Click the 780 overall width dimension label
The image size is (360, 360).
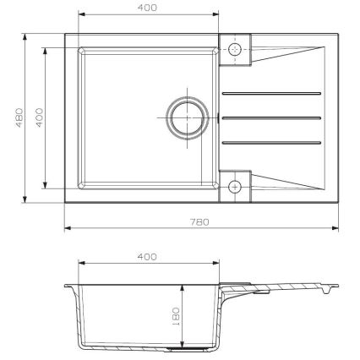pyautogui.click(x=200, y=221)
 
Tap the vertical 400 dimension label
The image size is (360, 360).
pyautogui.click(x=36, y=117)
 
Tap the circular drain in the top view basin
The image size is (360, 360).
pyautogui.click(x=185, y=115)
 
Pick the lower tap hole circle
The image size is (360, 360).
pyautogui.click(x=236, y=186)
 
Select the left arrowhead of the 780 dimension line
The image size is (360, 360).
pyautogui.click(x=68, y=228)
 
